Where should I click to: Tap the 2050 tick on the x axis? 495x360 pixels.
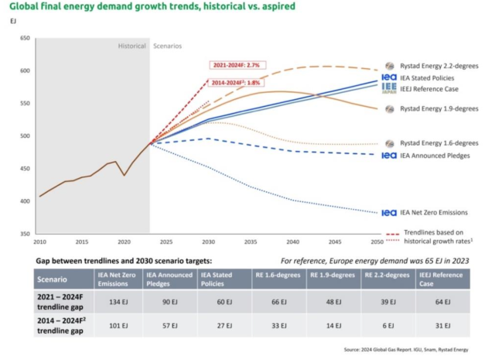pos(375,242)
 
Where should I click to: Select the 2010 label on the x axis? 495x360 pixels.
pos(39,242)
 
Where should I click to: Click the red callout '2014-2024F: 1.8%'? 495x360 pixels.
pos(234,81)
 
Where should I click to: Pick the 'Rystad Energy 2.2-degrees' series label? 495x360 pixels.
pos(439,67)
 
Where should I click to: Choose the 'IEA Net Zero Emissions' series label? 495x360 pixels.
pos(433,212)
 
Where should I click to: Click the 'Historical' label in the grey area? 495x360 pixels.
pos(131,46)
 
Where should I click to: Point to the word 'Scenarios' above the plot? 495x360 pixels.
pos(168,46)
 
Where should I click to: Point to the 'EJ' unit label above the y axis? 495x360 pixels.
pos(12,21)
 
